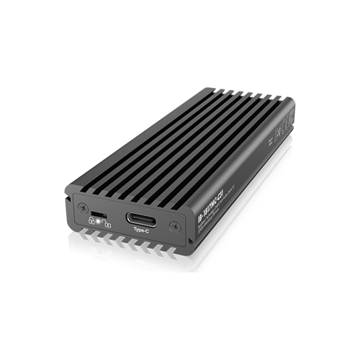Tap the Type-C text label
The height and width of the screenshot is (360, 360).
tap(140, 233)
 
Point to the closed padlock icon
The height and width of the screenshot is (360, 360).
tap(91, 222)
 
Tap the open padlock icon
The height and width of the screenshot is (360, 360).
tap(107, 226)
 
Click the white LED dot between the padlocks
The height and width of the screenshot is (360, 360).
tap(99, 224)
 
